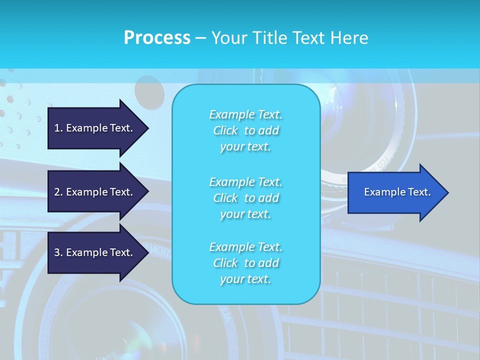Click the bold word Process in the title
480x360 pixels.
[157, 38]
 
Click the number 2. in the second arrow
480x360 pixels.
[58, 192]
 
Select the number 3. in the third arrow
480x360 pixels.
[58, 252]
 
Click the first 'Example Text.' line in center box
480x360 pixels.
[245, 114]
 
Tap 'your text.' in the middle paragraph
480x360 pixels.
[245, 214]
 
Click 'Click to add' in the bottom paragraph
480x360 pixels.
[245, 263]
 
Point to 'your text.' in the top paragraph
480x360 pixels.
[245, 147]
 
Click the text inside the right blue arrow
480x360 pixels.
[397, 192]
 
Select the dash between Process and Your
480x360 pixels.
[200, 38]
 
